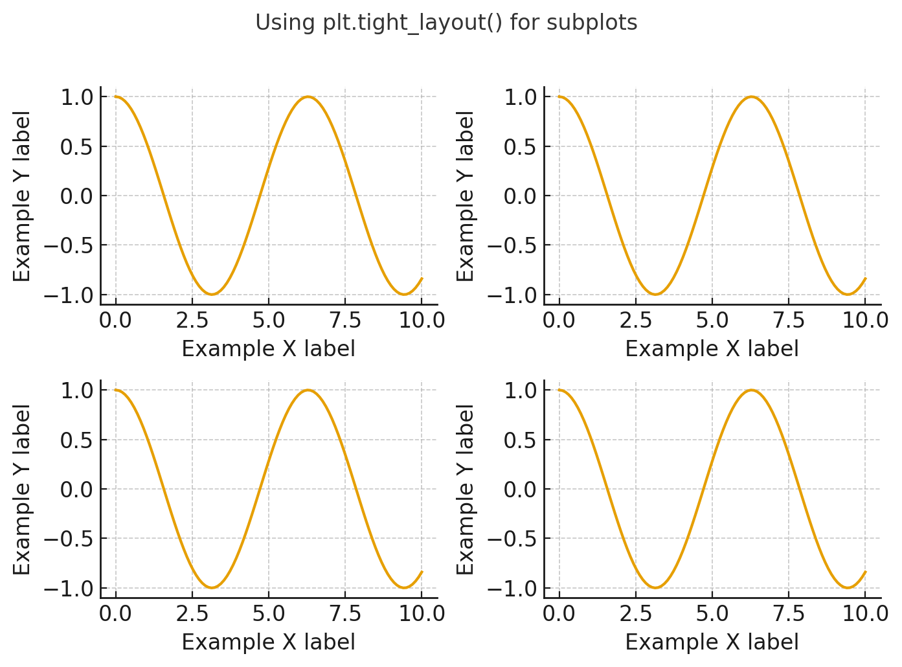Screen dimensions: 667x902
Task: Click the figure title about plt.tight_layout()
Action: (x=446, y=23)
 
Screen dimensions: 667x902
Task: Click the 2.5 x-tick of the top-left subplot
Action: (x=192, y=321)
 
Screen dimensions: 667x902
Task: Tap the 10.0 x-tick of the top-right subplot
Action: (x=865, y=321)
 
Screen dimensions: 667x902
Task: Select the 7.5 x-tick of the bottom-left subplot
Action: (x=345, y=614)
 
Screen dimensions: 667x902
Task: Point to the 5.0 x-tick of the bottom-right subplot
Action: (x=712, y=614)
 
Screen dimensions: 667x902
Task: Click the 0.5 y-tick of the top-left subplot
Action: (x=77, y=147)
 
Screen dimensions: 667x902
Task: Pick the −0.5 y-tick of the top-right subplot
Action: (x=512, y=246)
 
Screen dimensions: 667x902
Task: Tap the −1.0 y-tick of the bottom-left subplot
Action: (x=68, y=589)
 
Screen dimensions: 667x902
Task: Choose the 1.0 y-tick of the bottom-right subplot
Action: (x=521, y=390)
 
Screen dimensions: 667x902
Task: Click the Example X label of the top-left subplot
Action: (x=268, y=349)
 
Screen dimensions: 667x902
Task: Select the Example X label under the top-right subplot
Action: (x=712, y=349)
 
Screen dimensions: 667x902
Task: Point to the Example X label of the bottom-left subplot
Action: (x=268, y=642)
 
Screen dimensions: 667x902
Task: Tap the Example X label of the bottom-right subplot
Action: (x=712, y=642)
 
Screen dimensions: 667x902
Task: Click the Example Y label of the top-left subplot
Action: (x=23, y=196)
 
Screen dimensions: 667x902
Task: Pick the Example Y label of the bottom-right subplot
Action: (x=466, y=490)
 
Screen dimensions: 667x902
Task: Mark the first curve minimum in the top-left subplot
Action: (x=212, y=295)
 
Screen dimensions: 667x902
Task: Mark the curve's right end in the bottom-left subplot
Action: (x=422, y=572)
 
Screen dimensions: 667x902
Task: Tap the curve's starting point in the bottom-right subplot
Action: (x=559, y=390)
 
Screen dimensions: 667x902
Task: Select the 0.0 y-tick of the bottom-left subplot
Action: (x=77, y=490)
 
